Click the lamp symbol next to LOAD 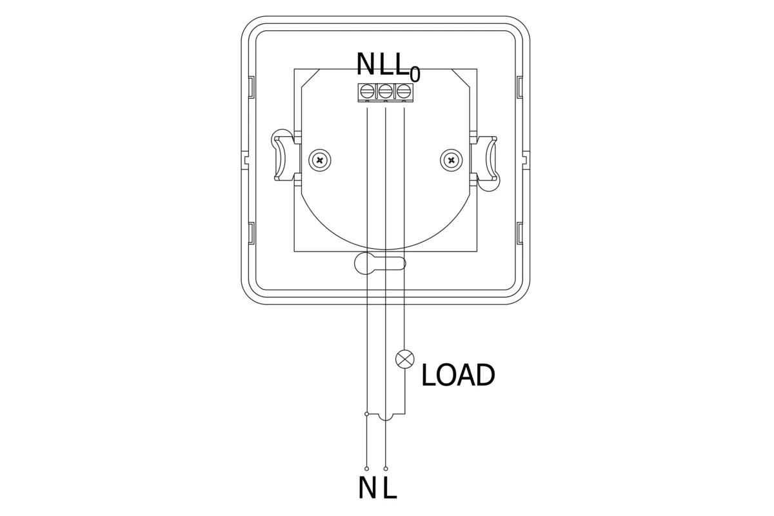click(x=404, y=359)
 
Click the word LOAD click(x=458, y=375)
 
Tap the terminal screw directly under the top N click(x=367, y=90)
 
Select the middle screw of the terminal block click(x=385, y=90)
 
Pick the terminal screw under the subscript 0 click(x=403, y=90)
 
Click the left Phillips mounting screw click(x=319, y=159)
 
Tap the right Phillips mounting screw click(x=451, y=159)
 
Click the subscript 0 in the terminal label click(x=415, y=74)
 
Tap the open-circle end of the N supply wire click(x=366, y=468)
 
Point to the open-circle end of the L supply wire click(x=386, y=468)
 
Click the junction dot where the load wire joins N click(x=366, y=413)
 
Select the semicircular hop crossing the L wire click(x=385, y=417)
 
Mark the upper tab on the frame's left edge click(x=251, y=86)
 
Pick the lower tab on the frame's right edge click(x=520, y=232)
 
